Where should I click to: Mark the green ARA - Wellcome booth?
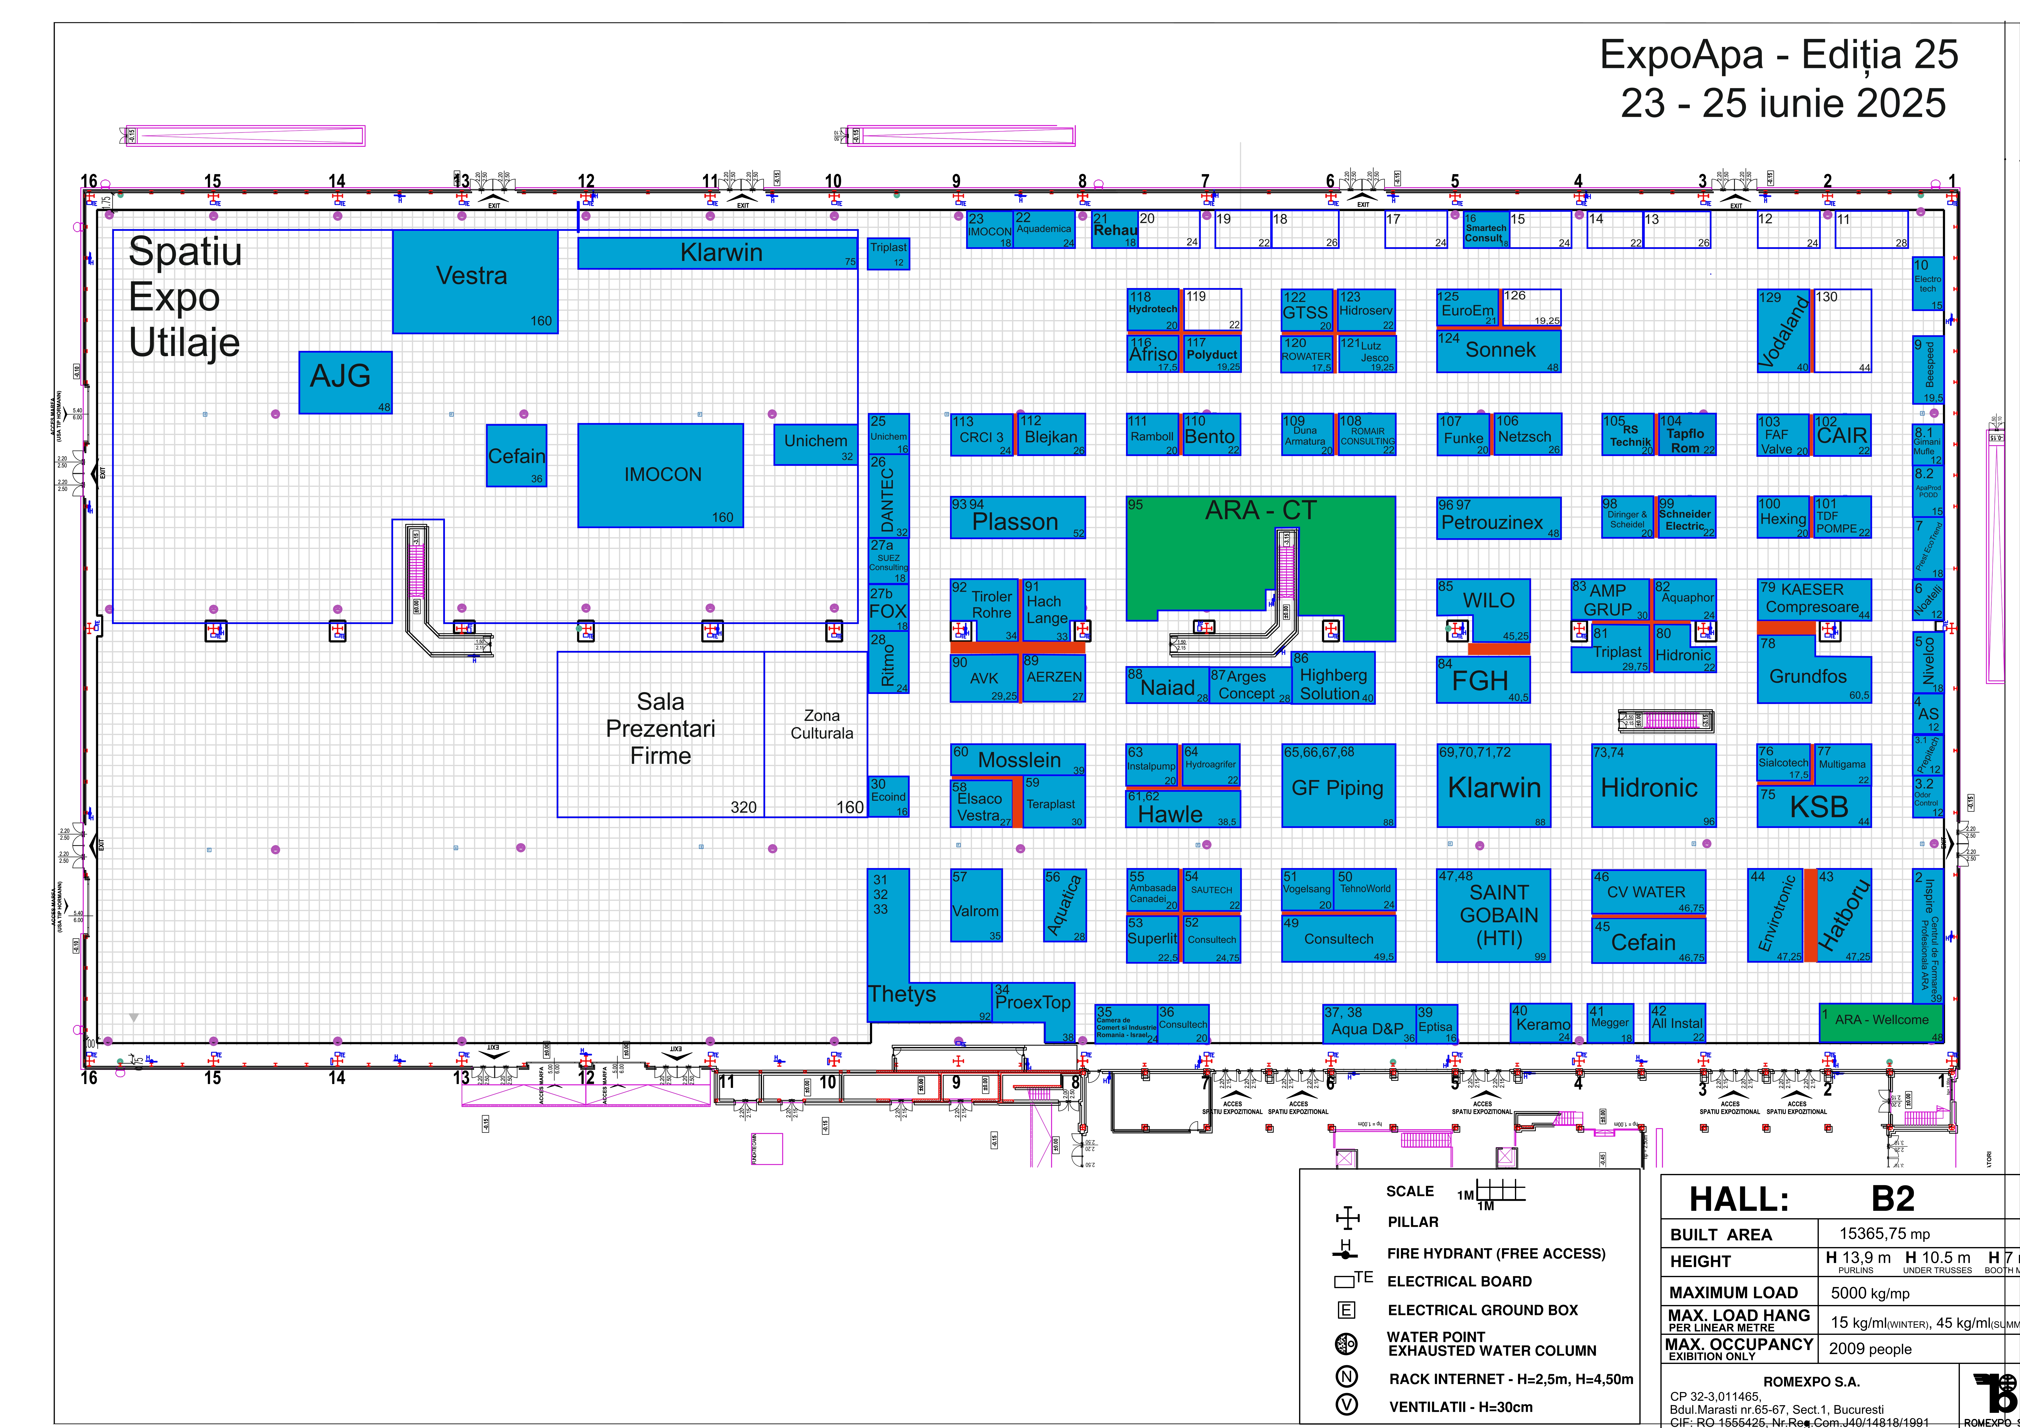pyautogui.click(x=1880, y=1021)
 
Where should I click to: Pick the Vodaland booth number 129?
pyautogui.click(x=1782, y=332)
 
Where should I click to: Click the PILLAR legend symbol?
pyautogui.click(x=1347, y=1219)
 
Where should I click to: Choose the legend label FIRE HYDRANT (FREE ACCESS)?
pyautogui.click(x=1496, y=1253)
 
